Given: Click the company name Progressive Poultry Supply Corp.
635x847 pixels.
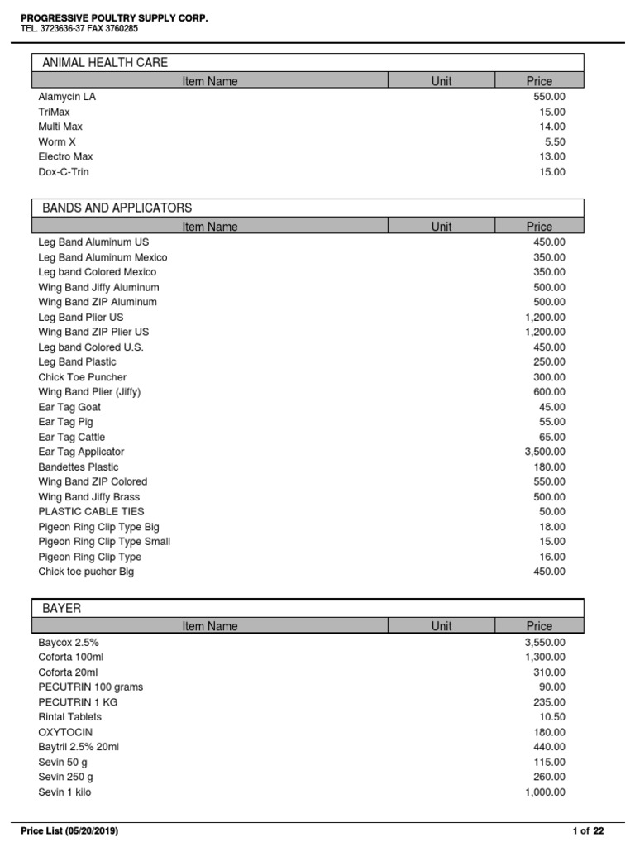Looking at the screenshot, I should pyautogui.click(x=114, y=17).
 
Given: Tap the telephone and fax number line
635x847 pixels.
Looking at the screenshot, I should pyautogui.click(x=79, y=29).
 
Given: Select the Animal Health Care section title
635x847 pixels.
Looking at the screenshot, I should pyautogui.click(x=105, y=62).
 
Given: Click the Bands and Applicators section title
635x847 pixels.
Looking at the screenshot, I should pyautogui.click(x=117, y=208).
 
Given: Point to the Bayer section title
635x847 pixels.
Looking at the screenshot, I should pyautogui.click(x=62, y=608).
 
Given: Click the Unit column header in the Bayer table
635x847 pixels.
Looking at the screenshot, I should pyautogui.click(x=442, y=626).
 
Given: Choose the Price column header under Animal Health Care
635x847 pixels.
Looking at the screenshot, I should pyautogui.click(x=539, y=81).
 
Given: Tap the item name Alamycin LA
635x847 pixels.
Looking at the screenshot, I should pyautogui.click(x=67, y=97).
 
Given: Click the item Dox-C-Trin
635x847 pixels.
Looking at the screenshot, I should pyautogui.click(x=64, y=172).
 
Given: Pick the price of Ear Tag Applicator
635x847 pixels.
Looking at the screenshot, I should pyautogui.click(x=545, y=452).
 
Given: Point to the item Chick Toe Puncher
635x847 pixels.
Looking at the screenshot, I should pyautogui.click(x=83, y=377).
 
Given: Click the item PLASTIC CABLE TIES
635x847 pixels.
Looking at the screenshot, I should pyautogui.click(x=91, y=512).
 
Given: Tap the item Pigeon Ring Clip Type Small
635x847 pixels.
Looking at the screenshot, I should pyautogui.click(x=104, y=542).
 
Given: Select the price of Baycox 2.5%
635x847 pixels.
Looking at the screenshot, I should pyautogui.click(x=545, y=642).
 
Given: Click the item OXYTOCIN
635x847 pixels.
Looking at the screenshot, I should pyautogui.click(x=65, y=732).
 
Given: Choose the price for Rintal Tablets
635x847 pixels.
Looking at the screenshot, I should pyautogui.click(x=552, y=717).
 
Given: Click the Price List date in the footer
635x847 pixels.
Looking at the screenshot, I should pyautogui.click(x=69, y=830).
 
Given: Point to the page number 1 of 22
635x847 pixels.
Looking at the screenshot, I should pyautogui.click(x=588, y=830).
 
